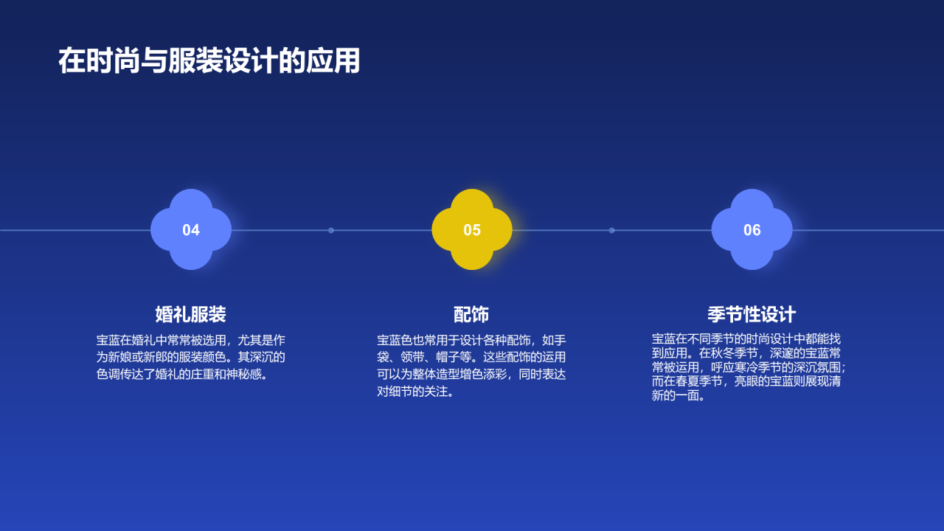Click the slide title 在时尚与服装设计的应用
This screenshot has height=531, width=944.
coord(209,61)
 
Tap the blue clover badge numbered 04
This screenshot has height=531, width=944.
coord(191,229)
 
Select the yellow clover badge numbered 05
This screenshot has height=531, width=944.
coord(472,229)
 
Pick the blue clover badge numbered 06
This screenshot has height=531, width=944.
coord(752,229)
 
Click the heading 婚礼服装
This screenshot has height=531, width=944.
coord(191,314)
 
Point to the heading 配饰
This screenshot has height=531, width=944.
coord(471,314)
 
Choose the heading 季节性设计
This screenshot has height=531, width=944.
coord(752,314)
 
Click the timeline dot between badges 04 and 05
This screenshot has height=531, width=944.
coord(331,230)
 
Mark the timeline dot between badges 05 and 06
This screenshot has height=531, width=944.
coord(611,230)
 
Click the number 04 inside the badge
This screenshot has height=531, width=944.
coord(191,230)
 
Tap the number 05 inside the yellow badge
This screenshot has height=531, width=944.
coord(472,230)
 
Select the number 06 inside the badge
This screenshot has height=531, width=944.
coord(752,230)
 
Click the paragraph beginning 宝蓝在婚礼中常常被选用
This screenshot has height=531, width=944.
coord(191,357)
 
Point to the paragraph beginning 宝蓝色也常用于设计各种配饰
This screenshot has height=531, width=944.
coord(471,366)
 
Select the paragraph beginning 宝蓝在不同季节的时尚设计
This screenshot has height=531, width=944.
coord(748,367)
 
